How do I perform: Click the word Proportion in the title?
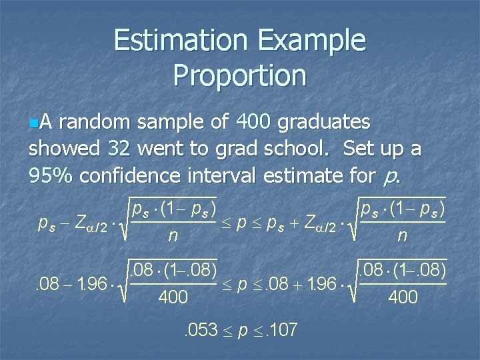(240, 75)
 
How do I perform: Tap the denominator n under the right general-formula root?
(401, 235)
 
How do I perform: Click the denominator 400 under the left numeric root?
(173, 297)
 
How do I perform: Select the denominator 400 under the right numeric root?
(402, 297)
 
